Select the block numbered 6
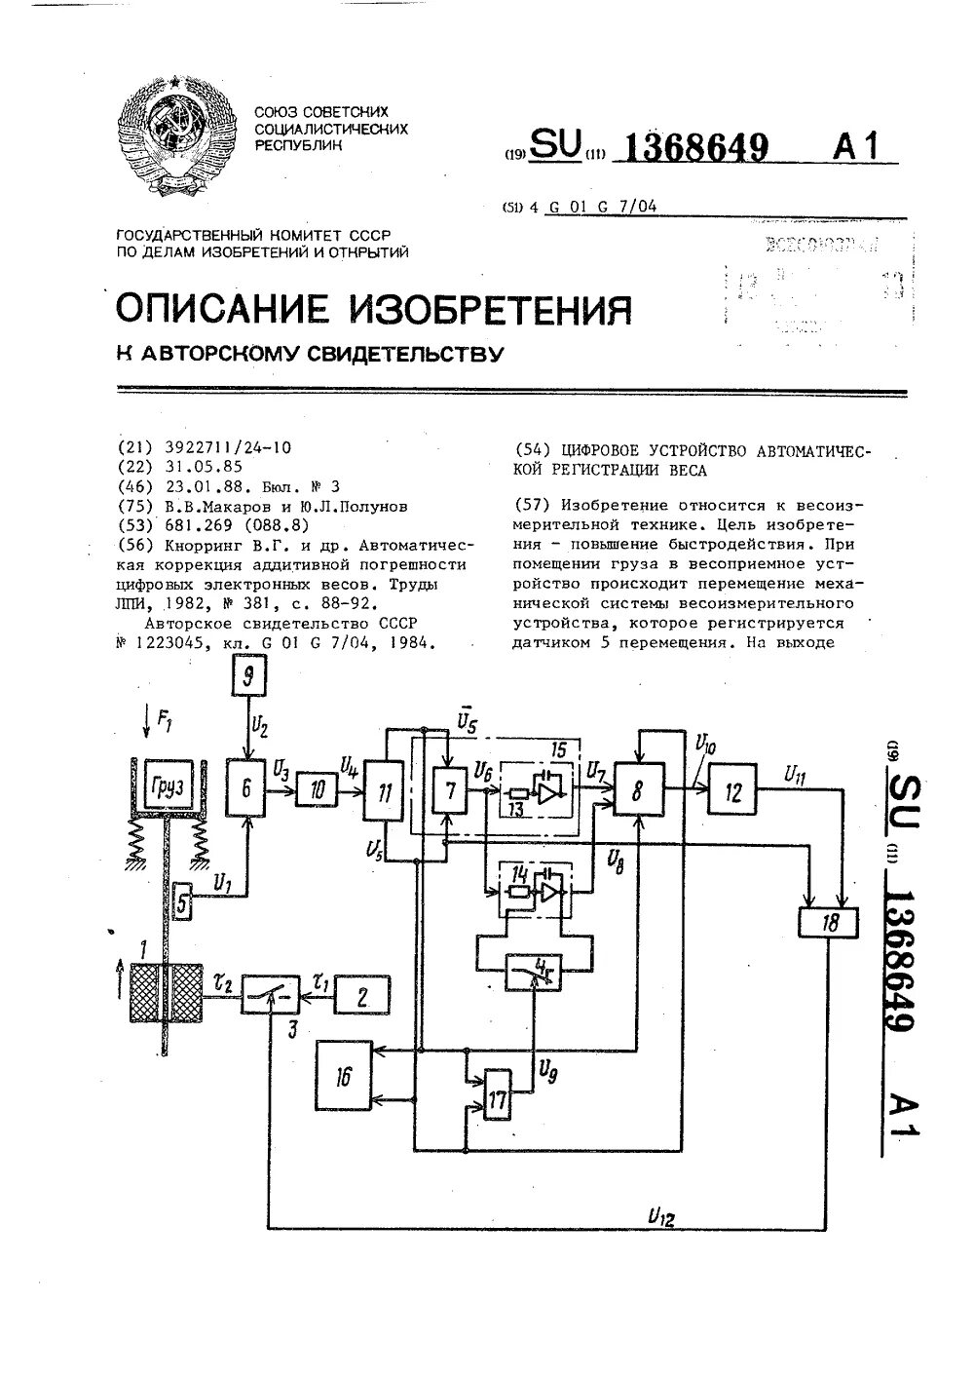coord(247,787)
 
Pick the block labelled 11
coord(385,792)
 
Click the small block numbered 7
coord(450,791)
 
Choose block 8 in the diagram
coord(637,792)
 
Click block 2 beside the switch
coord(362,996)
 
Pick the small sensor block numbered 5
coord(183,904)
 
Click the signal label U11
coord(797,775)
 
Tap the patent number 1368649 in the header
coord(694,148)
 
